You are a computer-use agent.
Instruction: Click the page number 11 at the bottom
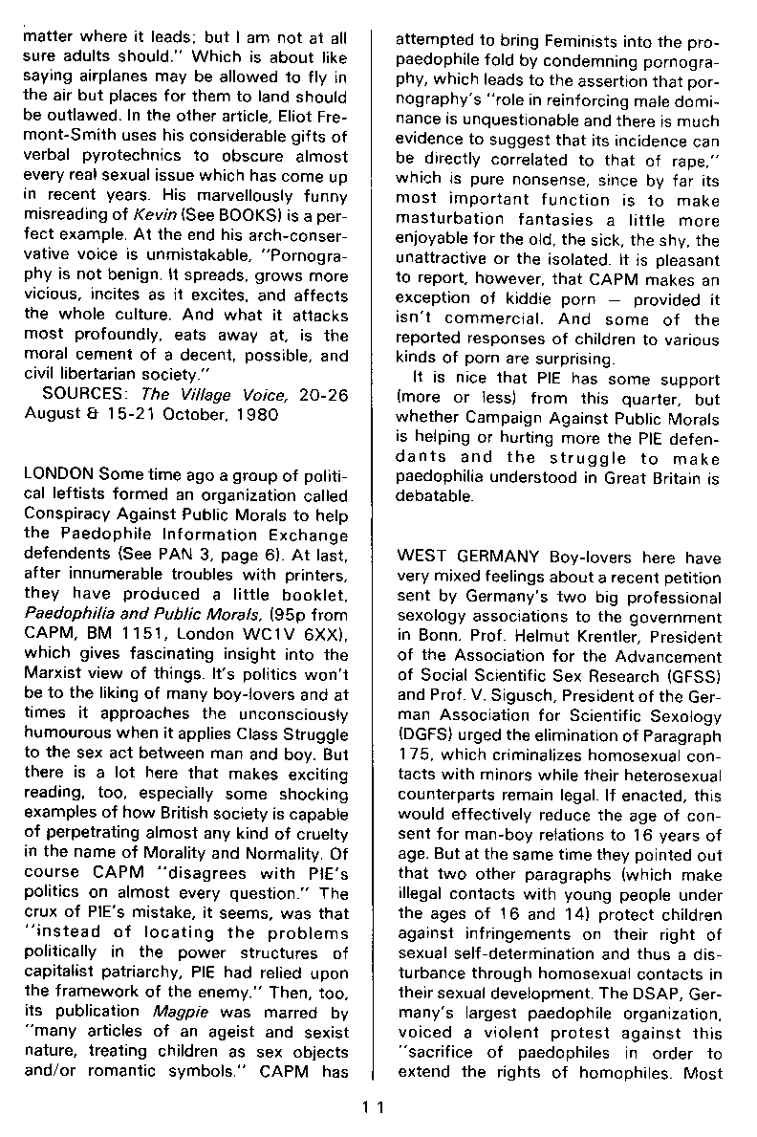pos(373,1107)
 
